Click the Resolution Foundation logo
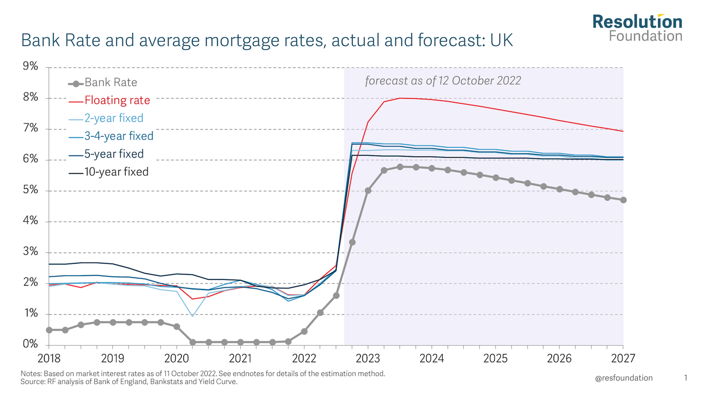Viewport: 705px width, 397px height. point(637,28)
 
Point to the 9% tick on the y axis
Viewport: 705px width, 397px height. point(30,67)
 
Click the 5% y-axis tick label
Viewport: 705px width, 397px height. point(30,190)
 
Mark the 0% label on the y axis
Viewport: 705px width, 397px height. point(30,345)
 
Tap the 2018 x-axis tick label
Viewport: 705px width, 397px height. point(48,358)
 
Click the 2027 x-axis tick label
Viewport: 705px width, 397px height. point(623,358)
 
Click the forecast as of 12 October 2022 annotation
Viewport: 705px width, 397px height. point(443,81)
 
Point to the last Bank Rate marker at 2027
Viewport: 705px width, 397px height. point(623,200)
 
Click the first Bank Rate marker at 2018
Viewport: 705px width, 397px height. point(49,330)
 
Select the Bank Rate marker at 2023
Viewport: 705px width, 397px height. point(368,191)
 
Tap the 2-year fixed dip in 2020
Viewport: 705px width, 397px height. point(192,316)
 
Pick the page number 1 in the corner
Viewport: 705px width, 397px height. point(686,378)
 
